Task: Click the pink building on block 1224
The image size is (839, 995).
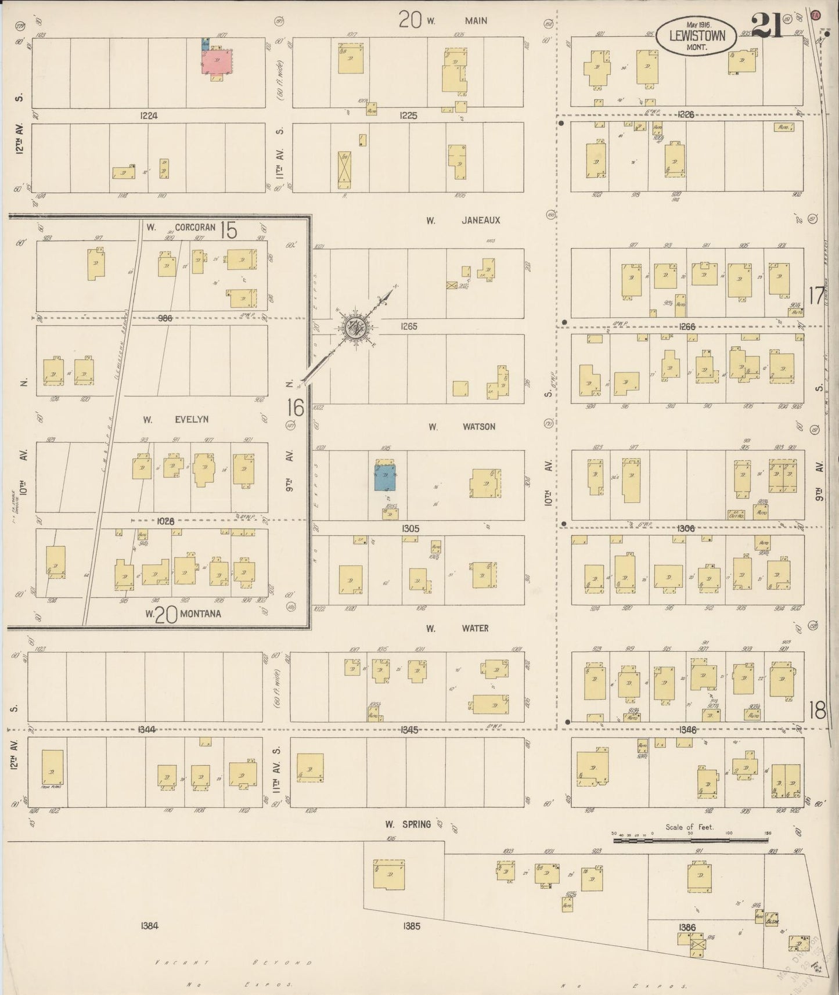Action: [x=216, y=61]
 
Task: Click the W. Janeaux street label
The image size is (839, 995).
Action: [x=463, y=221]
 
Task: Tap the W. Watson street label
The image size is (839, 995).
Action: [x=462, y=427]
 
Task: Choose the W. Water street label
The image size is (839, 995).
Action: [x=457, y=628]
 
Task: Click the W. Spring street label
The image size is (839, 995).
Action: [x=408, y=824]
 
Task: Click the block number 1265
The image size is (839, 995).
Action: [x=409, y=327]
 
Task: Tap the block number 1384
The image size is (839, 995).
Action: [x=149, y=926]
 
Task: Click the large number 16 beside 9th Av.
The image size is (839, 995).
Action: [x=295, y=408]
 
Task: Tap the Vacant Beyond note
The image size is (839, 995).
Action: [x=232, y=963]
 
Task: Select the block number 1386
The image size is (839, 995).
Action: [x=686, y=928]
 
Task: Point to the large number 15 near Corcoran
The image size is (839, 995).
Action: [x=229, y=230]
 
